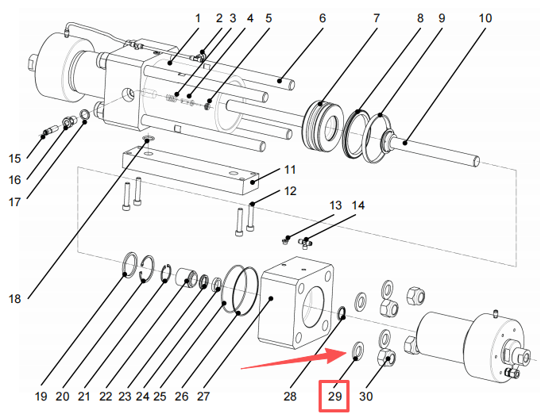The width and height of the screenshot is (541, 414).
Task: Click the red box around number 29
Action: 334,396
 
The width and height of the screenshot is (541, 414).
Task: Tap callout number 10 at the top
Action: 485,18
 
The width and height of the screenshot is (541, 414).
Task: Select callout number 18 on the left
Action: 15,299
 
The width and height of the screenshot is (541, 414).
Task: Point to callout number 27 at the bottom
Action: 203,397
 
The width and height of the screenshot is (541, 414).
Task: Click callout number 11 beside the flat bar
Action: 290,170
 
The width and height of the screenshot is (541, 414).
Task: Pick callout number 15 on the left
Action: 15,159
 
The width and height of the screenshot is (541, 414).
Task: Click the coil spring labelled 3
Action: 172,98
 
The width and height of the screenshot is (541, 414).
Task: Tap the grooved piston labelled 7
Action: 323,125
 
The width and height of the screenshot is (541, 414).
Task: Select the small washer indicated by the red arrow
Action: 357,351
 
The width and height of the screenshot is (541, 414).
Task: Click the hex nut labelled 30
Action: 386,357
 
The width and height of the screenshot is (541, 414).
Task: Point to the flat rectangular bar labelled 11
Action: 190,170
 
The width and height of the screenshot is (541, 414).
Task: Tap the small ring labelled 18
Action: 149,140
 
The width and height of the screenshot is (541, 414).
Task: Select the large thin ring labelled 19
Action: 130,265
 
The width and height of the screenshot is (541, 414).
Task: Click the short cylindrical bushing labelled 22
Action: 187,278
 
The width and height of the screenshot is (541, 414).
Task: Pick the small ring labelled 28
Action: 342,312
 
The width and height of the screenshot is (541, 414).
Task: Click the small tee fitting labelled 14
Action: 306,243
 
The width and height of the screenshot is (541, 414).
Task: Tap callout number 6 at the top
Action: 323,18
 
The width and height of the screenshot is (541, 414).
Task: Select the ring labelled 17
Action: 85,115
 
